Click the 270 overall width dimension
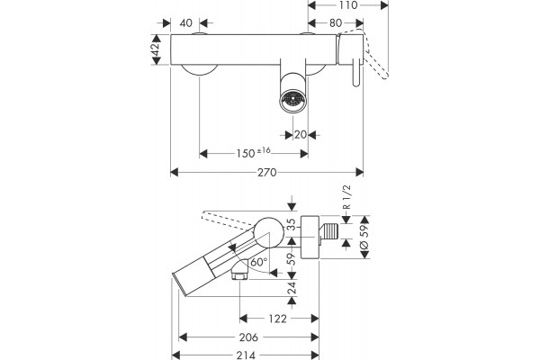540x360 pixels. (x=267, y=172)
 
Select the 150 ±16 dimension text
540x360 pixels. (x=254, y=153)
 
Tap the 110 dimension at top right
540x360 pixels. (x=348, y=4)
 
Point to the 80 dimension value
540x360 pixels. (x=336, y=23)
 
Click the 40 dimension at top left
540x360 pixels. (x=186, y=23)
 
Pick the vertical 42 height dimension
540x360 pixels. (x=156, y=49)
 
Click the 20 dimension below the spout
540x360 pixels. (x=301, y=135)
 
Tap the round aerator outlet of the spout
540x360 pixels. (x=292, y=100)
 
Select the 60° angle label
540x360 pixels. (x=259, y=262)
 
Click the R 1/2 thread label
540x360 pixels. (x=346, y=197)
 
